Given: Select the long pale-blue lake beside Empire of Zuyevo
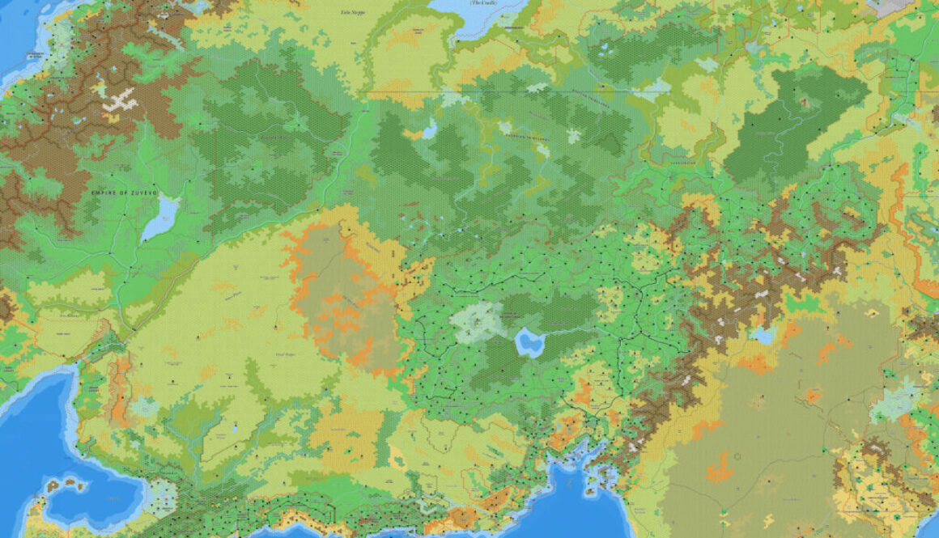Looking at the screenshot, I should pyautogui.click(x=160, y=217).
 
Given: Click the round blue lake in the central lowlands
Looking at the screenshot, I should pyautogui.click(x=529, y=342).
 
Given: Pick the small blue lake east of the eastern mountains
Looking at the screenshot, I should pyautogui.click(x=762, y=334).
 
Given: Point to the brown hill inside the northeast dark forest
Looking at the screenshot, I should pyautogui.click(x=805, y=103).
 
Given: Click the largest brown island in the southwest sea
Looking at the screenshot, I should pyautogui.click(x=55, y=486).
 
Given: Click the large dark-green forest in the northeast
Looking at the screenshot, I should pyautogui.click(x=789, y=125).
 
